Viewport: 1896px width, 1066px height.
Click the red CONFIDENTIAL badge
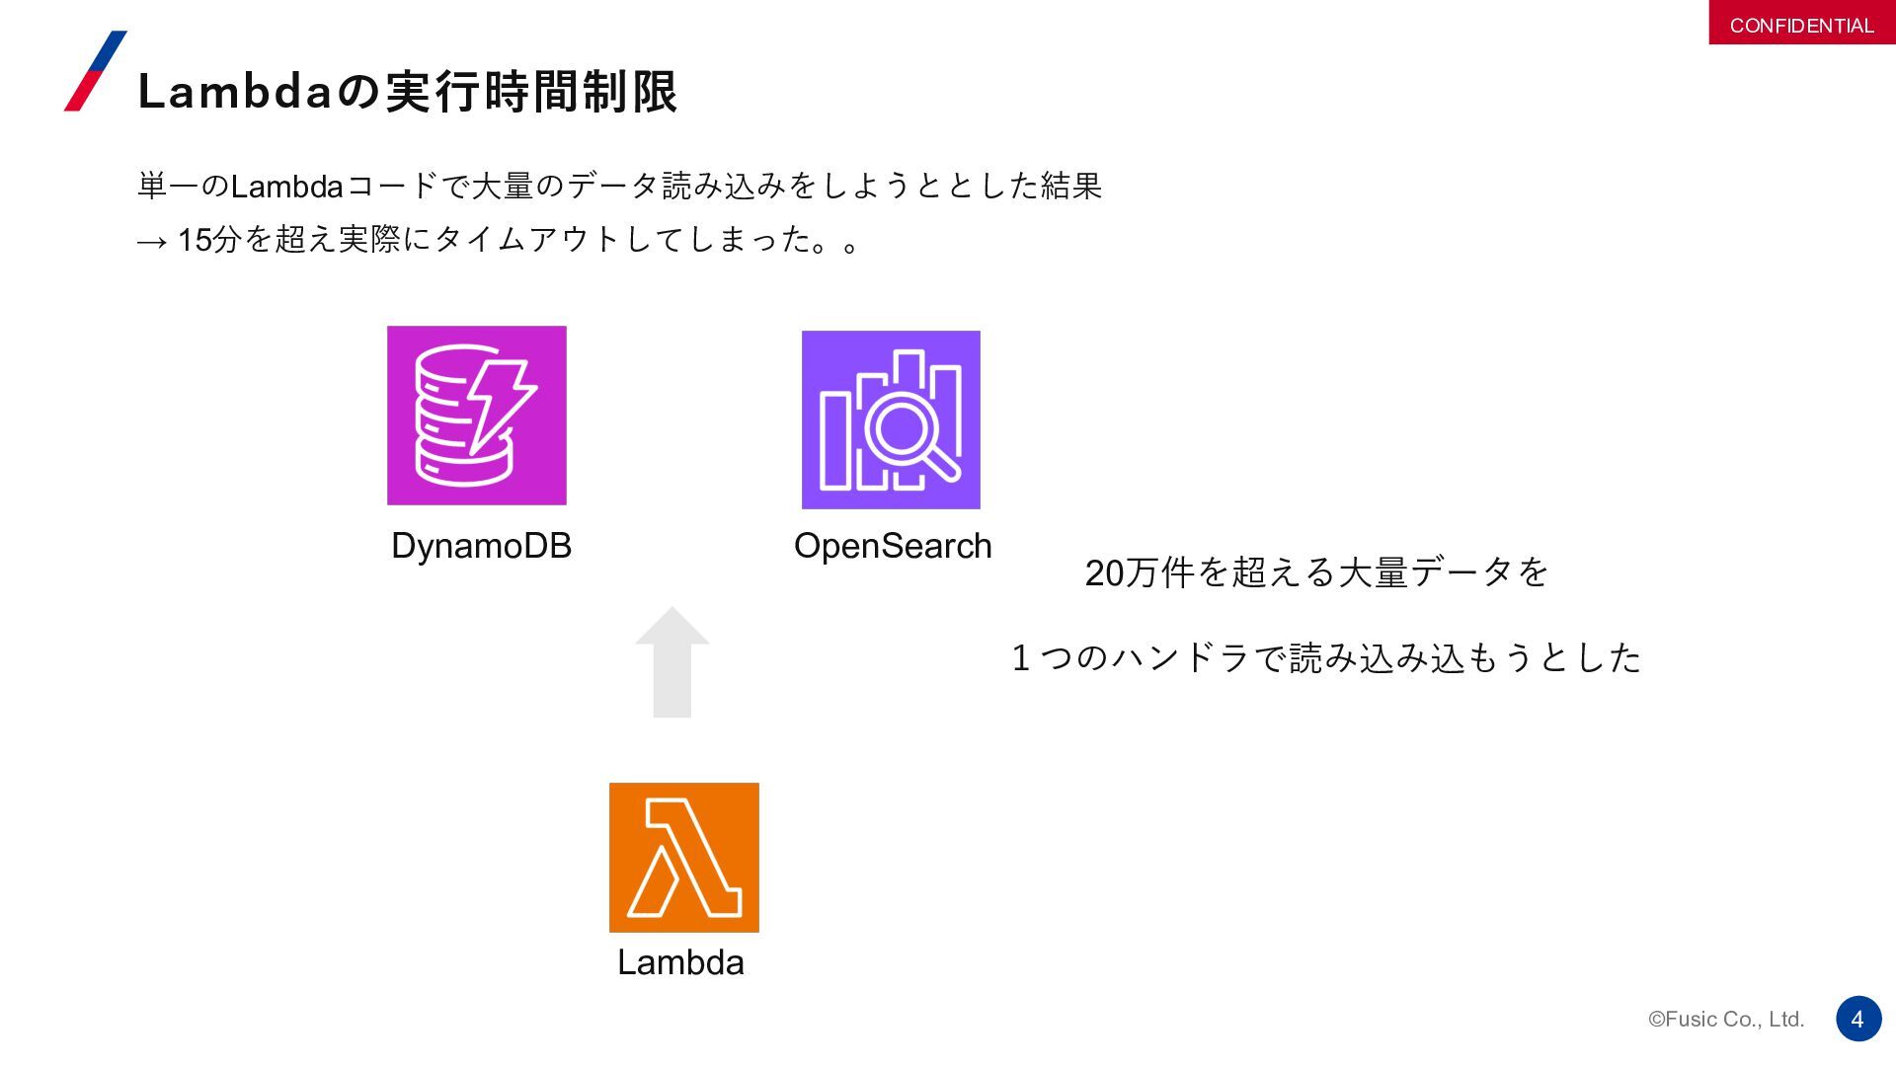[1801, 24]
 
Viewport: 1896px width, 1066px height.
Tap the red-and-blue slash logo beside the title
[96, 71]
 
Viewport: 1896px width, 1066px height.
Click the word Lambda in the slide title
[234, 93]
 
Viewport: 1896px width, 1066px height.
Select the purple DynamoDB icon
[476, 416]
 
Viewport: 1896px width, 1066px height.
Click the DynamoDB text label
[481, 546]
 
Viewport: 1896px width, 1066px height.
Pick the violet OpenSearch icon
[891, 419]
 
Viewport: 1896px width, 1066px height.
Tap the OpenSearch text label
[893, 546]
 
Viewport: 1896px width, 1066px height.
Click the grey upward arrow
[672, 661]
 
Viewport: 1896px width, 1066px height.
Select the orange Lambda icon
[683, 857]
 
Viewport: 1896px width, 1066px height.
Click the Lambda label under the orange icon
[680, 962]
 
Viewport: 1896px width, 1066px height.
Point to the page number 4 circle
[1857, 1019]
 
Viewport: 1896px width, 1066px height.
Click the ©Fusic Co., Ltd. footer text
[1725, 1020]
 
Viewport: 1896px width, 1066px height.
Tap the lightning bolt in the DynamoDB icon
[500, 405]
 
